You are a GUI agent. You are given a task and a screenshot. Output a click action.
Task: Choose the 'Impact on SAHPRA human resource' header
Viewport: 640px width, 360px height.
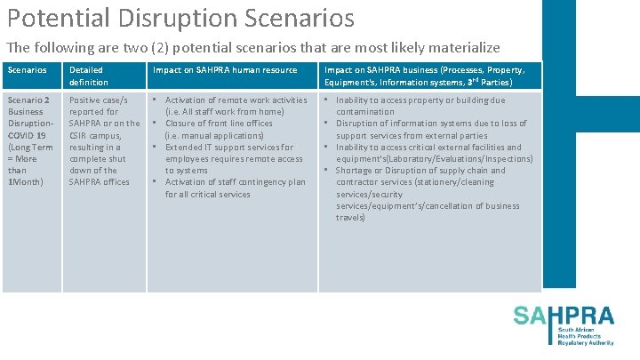(x=225, y=69)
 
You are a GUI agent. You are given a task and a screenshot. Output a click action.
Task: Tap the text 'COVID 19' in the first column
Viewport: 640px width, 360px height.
(x=26, y=135)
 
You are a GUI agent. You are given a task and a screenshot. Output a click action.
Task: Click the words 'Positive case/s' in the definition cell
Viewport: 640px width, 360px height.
(x=98, y=100)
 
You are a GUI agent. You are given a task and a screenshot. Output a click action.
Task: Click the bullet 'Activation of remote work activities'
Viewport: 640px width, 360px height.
(x=236, y=100)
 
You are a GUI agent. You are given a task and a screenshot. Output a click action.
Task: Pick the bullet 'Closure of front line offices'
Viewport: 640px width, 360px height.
(x=219, y=124)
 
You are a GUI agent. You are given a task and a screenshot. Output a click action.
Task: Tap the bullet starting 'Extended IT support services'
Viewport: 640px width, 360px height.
(x=228, y=147)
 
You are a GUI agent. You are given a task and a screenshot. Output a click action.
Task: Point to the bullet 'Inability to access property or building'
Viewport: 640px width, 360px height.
(x=420, y=100)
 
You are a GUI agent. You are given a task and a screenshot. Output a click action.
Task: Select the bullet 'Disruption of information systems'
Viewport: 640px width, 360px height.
(x=431, y=124)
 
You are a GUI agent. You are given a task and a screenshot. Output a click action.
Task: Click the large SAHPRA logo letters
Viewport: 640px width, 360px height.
(x=563, y=316)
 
